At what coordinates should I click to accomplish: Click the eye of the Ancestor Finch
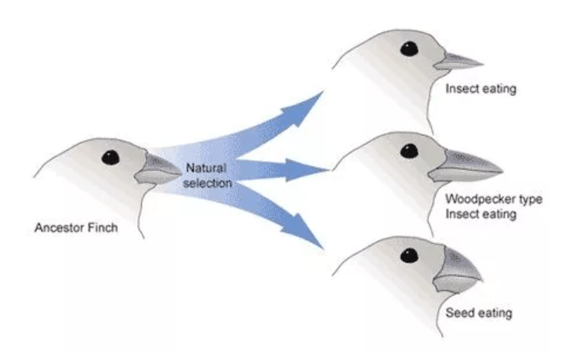click(111, 158)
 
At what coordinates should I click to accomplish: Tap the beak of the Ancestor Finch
click(158, 169)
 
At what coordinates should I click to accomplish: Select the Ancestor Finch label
click(76, 227)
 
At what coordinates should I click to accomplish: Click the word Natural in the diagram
click(206, 168)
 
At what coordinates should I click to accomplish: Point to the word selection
click(208, 183)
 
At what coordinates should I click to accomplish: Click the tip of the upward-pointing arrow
click(323, 92)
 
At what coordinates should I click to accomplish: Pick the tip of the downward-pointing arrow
click(323, 249)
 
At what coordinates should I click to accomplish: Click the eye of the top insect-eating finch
click(409, 49)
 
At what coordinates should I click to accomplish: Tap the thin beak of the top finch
click(458, 61)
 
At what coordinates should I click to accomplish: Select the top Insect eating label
click(480, 89)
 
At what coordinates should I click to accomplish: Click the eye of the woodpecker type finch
click(409, 151)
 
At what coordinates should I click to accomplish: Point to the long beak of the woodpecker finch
click(466, 166)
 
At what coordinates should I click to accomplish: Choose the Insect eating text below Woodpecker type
click(480, 214)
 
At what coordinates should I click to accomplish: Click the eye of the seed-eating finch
click(409, 256)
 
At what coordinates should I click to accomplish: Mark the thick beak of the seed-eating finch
click(458, 271)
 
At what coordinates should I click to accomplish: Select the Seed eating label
click(479, 313)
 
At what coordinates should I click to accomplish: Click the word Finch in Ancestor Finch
click(102, 227)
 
